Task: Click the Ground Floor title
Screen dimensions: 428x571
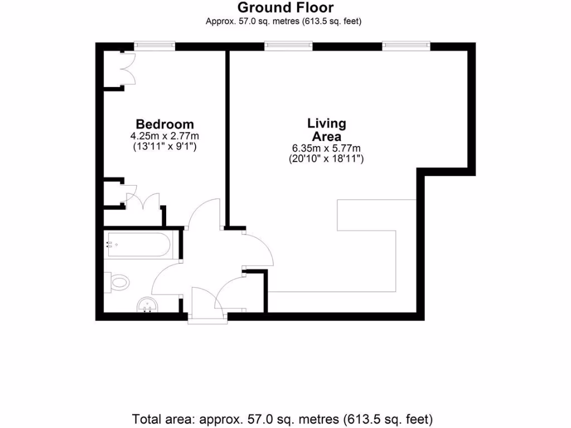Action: [285, 8]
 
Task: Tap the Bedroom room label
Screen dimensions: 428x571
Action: [165, 124]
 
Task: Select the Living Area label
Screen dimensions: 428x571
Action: [326, 129]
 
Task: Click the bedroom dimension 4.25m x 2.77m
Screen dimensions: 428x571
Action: [165, 136]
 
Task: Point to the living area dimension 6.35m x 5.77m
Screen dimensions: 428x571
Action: [326, 148]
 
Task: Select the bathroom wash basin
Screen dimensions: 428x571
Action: [148, 305]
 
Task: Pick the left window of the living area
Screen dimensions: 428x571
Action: [288, 46]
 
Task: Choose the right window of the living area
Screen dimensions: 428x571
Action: [406, 46]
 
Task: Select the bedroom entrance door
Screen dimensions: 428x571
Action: [204, 215]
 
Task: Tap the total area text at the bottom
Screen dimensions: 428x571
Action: [282, 419]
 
